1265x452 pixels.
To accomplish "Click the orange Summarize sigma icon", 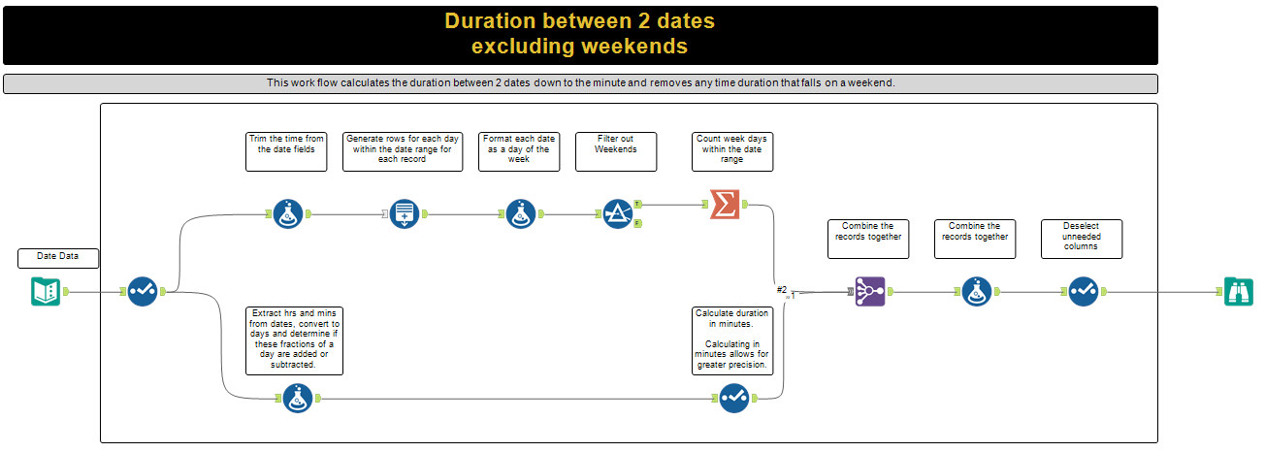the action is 725,204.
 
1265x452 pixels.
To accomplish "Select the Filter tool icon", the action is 617,214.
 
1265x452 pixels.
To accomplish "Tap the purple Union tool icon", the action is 869,292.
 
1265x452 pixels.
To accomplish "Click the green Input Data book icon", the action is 46,292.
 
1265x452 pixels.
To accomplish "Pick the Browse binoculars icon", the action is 1239,292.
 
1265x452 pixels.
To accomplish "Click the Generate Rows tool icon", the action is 405,214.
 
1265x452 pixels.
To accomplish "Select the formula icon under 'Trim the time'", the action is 288,214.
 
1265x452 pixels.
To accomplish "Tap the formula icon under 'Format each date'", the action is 521,214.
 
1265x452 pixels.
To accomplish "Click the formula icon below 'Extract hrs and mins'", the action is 298,399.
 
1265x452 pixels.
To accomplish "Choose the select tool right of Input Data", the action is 143,292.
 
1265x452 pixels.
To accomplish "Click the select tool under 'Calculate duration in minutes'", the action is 734,399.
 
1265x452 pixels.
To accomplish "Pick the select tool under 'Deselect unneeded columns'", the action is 1084,292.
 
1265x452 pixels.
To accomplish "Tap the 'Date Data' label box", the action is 58,258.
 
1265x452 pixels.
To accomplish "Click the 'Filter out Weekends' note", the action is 616,151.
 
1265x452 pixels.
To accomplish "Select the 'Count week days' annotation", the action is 732,151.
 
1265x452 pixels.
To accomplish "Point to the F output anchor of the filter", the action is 637,224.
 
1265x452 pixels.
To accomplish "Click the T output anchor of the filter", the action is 637,204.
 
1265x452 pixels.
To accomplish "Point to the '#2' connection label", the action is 782,290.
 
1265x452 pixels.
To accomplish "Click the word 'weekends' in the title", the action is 631,47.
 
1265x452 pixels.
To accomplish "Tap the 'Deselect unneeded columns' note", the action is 1082,239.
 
